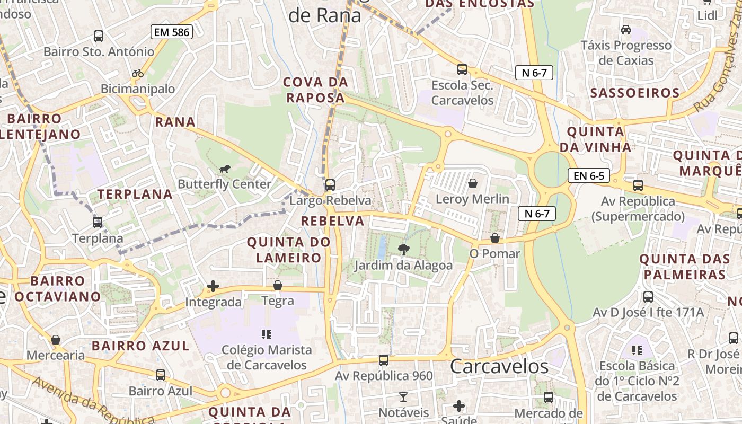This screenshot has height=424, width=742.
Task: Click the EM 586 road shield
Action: coord(171,32)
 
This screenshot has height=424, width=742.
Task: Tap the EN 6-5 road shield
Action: coord(588,175)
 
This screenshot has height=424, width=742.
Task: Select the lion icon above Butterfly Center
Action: coord(225,169)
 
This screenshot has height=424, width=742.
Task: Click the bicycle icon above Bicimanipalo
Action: coord(138,73)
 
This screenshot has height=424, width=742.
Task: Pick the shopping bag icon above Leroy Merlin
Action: coord(472,183)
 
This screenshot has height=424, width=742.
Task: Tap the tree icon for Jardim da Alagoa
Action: coord(403,249)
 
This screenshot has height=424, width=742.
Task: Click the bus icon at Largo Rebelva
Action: coord(330,185)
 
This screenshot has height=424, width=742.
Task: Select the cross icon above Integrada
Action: coord(213,286)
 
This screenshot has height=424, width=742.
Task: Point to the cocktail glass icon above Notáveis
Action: coord(403,396)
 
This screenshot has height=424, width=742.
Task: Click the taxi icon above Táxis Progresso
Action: coord(626,29)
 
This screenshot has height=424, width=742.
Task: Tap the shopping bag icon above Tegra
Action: coord(277,285)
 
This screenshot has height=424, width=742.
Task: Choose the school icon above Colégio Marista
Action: coord(267,334)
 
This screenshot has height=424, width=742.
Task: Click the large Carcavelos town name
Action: coord(499,366)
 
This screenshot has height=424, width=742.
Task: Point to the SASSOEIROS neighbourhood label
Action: coord(635,93)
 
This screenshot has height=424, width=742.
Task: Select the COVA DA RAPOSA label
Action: coord(315,90)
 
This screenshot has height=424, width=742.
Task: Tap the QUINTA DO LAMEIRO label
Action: coord(289,250)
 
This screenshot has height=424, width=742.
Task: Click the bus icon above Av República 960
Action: coord(384,360)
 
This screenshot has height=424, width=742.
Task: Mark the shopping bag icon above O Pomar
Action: coord(494,238)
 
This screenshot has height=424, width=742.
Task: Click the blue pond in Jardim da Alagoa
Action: coord(382,247)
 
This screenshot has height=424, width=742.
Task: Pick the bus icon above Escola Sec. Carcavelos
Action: coord(462,69)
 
